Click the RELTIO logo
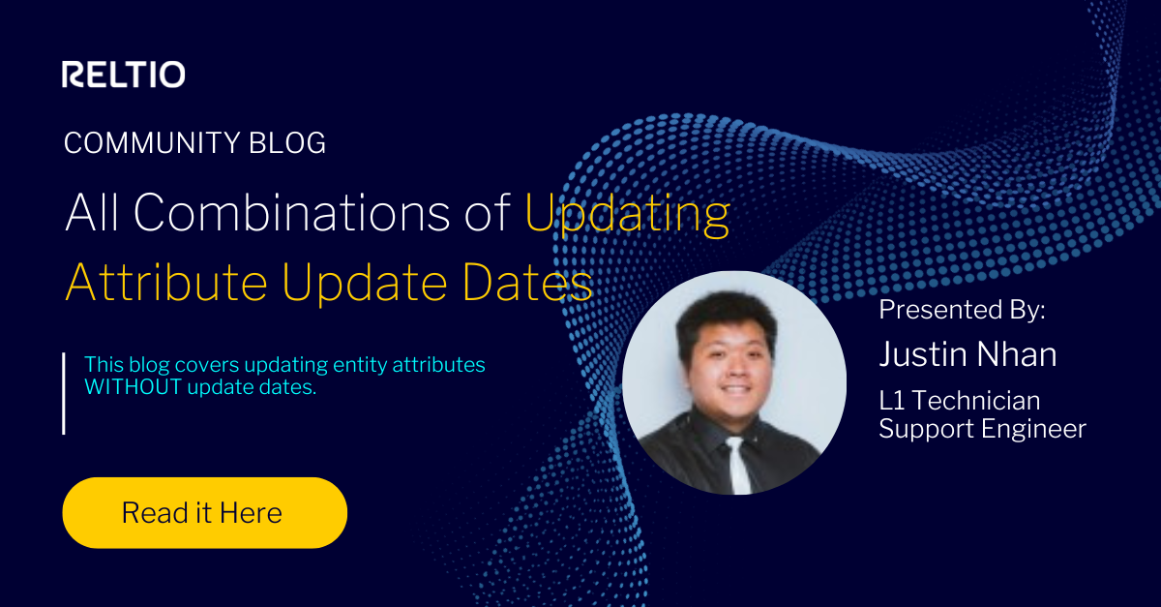(x=124, y=75)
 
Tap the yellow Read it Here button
(x=204, y=512)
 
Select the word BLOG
(x=287, y=143)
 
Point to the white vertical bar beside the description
(x=64, y=393)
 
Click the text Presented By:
(x=963, y=311)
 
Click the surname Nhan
(x=1022, y=354)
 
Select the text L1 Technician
(x=959, y=400)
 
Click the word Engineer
(x=1040, y=428)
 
